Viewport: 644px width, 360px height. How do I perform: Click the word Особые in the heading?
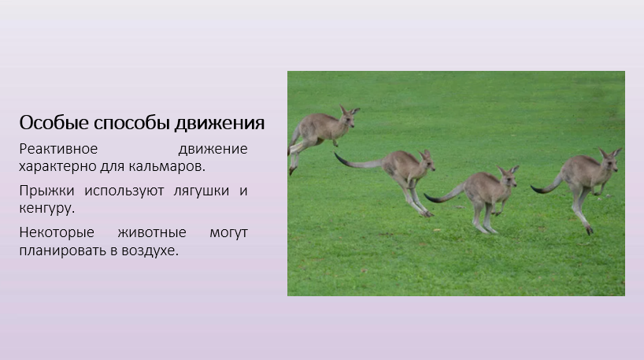click(x=54, y=122)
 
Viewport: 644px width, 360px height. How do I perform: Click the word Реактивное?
click(x=58, y=149)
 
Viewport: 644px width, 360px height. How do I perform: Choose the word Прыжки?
click(x=46, y=191)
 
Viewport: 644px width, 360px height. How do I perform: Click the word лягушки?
click(x=202, y=191)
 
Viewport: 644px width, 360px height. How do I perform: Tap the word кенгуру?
click(x=46, y=208)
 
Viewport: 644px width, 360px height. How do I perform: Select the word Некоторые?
click(x=57, y=232)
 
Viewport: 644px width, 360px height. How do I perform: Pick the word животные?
click(x=152, y=232)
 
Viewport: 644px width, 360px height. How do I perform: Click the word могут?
click(x=229, y=233)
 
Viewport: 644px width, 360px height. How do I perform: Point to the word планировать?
click(x=62, y=251)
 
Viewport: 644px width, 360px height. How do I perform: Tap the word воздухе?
click(x=150, y=251)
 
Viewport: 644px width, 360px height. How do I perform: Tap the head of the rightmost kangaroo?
click(x=610, y=160)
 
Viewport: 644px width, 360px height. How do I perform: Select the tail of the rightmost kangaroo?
click(x=547, y=186)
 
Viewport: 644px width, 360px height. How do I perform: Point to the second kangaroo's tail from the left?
click(x=357, y=162)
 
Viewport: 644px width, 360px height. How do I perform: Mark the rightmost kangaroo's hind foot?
click(x=589, y=230)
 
